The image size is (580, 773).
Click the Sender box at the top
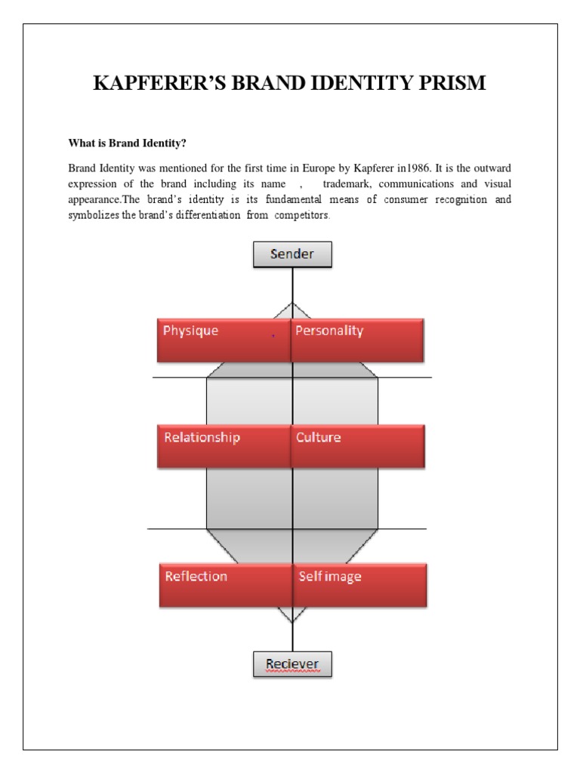(292, 254)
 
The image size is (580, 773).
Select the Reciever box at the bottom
(292, 664)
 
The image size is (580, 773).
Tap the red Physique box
(224, 339)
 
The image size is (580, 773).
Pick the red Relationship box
(224, 445)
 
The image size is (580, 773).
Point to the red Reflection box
(226, 584)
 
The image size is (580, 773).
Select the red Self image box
(360, 584)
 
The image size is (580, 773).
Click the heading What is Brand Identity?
(127, 143)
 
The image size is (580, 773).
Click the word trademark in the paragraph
(349, 183)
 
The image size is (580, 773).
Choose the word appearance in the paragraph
(94, 200)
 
